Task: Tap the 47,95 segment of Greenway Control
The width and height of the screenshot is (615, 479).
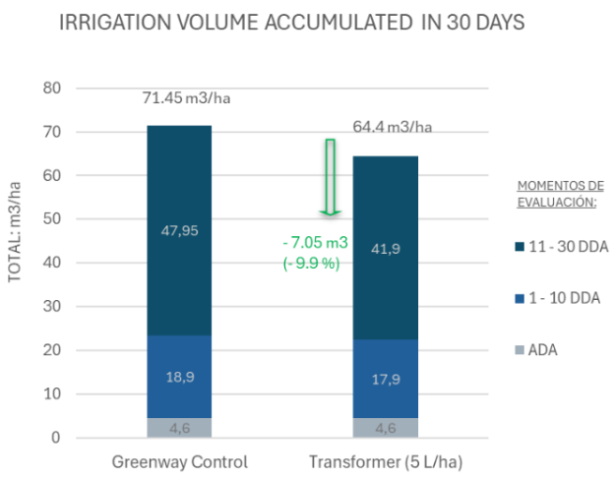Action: pyautogui.click(x=179, y=231)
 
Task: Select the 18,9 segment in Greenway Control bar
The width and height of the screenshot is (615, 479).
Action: pyautogui.click(x=179, y=377)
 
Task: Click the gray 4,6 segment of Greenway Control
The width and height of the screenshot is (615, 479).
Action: pyautogui.click(x=179, y=428)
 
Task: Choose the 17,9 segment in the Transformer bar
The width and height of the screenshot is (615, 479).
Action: pyautogui.click(x=385, y=379)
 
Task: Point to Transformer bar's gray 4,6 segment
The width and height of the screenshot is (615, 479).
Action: pyautogui.click(x=385, y=428)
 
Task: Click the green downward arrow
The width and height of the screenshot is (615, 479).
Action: pyautogui.click(x=331, y=177)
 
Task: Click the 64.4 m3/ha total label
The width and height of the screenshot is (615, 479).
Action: pyautogui.click(x=392, y=127)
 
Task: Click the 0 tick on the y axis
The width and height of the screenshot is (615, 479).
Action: pyautogui.click(x=57, y=438)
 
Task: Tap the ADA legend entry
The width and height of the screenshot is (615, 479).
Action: pyautogui.click(x=542, y=349)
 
